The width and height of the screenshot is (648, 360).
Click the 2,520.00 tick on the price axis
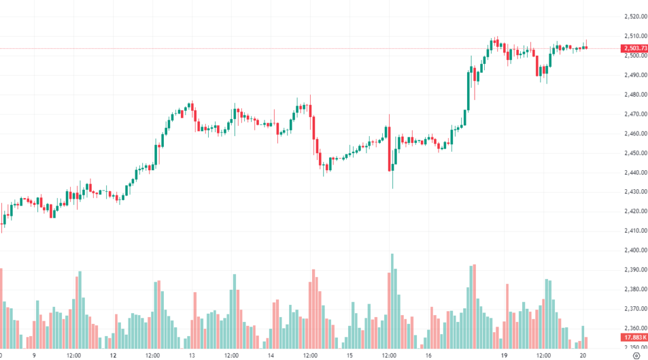pyautogui.click(x=635, y=16)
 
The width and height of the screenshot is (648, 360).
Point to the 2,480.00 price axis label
pyautogui.click(x=635, y=95)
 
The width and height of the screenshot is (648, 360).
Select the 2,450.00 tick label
pyautogui.click(x=635, y=153)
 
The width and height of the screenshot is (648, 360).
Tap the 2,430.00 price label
pyautogui.click(x=635, y=192)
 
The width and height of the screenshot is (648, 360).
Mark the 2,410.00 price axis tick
pyautogui.click(x=635, y=231)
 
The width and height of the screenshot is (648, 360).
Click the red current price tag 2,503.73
pyautogui.click(x=635, y=48)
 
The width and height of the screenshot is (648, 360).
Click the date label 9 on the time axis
pyautogui.click(x=34, y=356)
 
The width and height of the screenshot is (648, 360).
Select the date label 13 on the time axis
pyautogui.click(x=190, y=356)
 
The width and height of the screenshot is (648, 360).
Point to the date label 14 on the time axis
pyautogui.click(x=270, y=356)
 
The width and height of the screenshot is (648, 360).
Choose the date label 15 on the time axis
pyautogui.click(x=349, y=356)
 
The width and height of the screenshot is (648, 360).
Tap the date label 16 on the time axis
pyautogui.click(x=428, y=356)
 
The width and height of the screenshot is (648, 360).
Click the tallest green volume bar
pyautogui.click(x=392, y=301)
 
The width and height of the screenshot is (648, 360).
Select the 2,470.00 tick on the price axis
pyautogui.click(x=635, y=115)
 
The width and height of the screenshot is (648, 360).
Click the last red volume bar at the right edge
pyautogui.click(x=587, y=342)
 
